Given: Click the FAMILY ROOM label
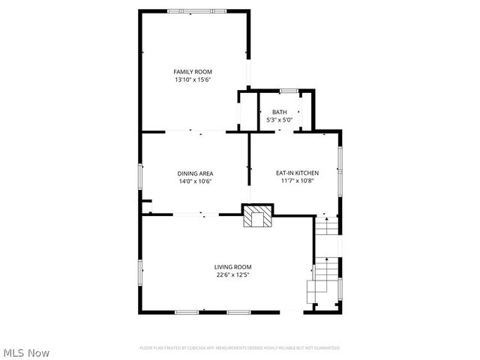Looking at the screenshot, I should (193, 71).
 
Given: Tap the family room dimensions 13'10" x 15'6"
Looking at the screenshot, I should (193, 79).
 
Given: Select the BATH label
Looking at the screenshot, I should (279, 112).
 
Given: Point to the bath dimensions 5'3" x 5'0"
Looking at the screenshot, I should (279, 120).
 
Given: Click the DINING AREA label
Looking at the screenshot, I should (195, 173).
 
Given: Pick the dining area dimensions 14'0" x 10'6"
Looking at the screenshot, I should (195, 181).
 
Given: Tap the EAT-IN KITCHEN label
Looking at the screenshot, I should (297, 172).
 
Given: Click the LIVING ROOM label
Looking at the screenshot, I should (232, 267).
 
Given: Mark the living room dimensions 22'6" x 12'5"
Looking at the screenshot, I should (232, 275).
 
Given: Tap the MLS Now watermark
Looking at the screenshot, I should (26, 352).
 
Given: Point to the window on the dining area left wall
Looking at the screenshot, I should (139, 177).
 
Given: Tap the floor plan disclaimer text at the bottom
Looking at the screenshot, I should (240, 348).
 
